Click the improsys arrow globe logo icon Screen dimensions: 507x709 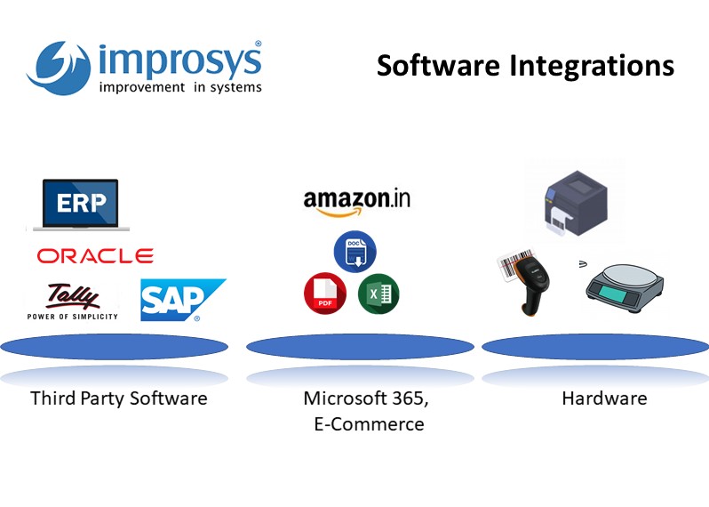coord(60,65)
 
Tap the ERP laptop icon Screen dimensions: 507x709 coord(80,204)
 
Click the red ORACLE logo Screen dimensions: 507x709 coord(95,256)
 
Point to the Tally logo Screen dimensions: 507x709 coord(73,300)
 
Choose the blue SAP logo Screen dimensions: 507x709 coord(182,300)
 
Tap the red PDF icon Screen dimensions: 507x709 coord(324,294)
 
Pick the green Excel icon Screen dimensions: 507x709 coord(378,294)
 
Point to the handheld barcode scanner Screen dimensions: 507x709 coord(529,282)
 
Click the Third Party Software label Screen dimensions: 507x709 coord(118,398)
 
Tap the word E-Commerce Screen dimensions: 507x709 coord(369,424)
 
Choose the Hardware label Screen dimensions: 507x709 coord(604,398)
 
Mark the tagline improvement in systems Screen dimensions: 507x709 coord(180,87)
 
